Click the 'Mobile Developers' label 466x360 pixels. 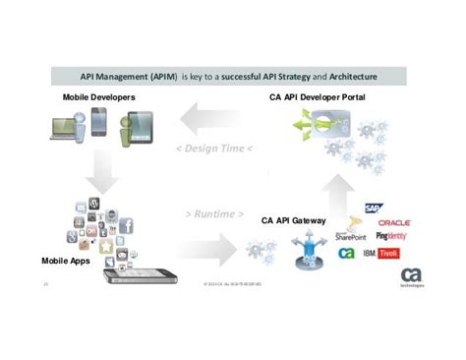pyautogui.click(x=99, y=98)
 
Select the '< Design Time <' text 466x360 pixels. pyautogui.click(x=214, y=150)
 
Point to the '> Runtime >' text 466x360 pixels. pyautogui.click(x=213, y=214)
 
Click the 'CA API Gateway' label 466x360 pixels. pyautogui.click(x=294, y=220)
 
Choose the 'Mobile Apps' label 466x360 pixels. pyautogui.click(x=66, y=263)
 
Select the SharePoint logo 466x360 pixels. pyautogui.click(x=353, y=236)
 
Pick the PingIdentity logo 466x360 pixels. pyautogui.click(x=393, y=237)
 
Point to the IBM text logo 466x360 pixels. pyautogui.click(x=370, y=253)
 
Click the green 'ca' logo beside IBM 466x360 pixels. pyautogui.click(x=346, y=254)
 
